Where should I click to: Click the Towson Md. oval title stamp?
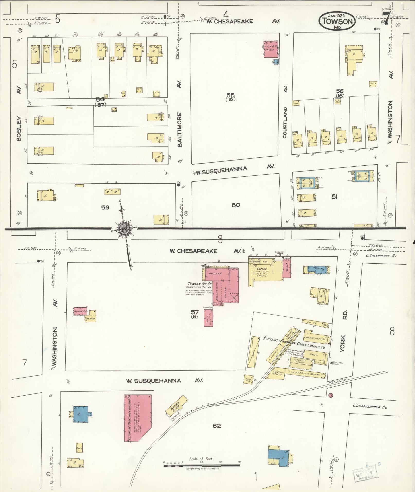tap(337, 21)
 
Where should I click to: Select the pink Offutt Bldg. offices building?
tap(271, 49)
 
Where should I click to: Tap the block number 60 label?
tap(236, 205)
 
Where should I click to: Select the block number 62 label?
tap(217, 426)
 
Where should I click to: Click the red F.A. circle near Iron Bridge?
tap(331, 395)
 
